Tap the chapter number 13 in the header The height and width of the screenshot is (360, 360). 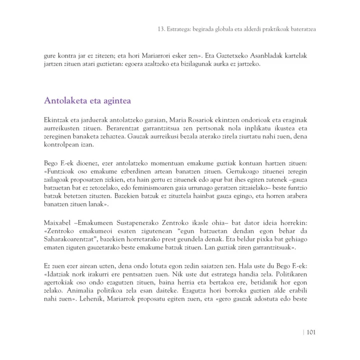pos(161,29)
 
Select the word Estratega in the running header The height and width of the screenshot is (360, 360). pos(181,29)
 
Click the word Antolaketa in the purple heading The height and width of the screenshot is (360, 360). pos(63,100)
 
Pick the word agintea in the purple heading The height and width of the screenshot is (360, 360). pos(115,100)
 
